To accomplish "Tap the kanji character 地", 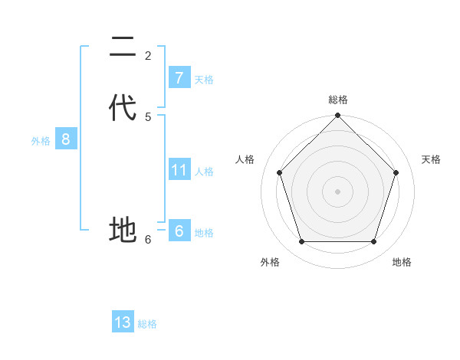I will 123,229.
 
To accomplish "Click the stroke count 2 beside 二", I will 148,55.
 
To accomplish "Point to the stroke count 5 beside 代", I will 148,116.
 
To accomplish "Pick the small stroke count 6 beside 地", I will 148,239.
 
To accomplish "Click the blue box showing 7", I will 179,77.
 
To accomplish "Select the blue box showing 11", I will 179,169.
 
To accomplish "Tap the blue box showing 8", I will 66,139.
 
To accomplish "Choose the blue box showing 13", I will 123,322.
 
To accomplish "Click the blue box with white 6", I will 179,231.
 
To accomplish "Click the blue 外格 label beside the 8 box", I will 41,141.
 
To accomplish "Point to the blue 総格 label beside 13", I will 147,324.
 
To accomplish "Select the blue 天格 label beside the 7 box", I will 204,80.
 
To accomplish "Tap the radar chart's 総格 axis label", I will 338,100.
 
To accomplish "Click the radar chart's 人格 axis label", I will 245,159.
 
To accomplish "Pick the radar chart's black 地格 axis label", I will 402,262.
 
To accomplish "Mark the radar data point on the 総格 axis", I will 338,116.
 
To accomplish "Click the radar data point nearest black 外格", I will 302,242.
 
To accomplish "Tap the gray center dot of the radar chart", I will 338,191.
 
